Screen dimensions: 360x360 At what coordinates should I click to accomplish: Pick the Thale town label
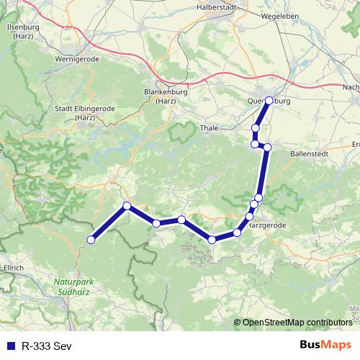[209, 128]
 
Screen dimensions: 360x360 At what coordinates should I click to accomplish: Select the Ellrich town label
[14, 268]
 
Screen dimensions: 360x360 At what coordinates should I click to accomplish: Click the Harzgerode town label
[267, 225]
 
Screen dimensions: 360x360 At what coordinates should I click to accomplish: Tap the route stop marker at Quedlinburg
[269, 101]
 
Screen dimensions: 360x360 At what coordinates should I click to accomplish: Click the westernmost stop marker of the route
[91, 239]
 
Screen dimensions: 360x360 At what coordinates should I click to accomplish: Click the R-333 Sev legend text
[47, 345]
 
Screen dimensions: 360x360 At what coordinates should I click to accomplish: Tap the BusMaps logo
[325, 344]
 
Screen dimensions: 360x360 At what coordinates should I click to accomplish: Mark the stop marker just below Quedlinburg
[256, 128]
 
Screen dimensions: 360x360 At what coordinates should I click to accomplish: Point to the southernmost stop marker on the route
[212, 239]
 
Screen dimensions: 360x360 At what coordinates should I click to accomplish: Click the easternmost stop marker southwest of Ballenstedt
[267, 148]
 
